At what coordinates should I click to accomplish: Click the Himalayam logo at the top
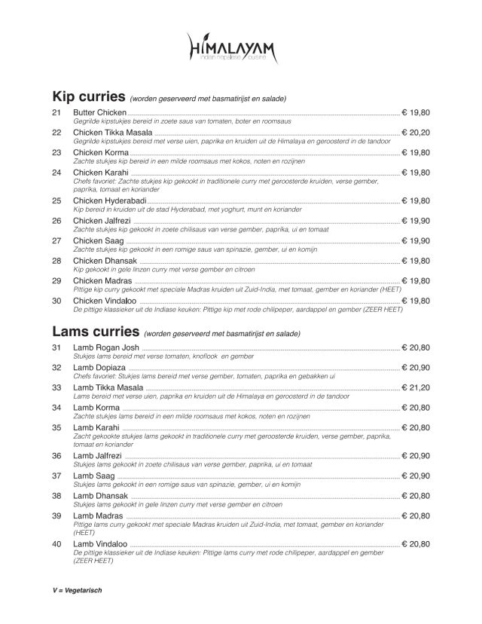coord(233,49)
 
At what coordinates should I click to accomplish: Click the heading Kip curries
coord(87,97)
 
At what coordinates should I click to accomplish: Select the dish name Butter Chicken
coord(99,112)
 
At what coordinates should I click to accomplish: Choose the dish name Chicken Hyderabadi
coord(109,201)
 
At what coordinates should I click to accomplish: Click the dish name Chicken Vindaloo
coord(105,301)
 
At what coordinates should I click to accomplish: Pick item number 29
coord(56,281)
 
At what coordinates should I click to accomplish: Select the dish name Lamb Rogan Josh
coord(106,347)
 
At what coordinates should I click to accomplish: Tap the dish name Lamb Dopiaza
coord(99,368)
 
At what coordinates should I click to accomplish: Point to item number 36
coord(56,456)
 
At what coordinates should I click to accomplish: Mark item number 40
coord(56,544)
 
